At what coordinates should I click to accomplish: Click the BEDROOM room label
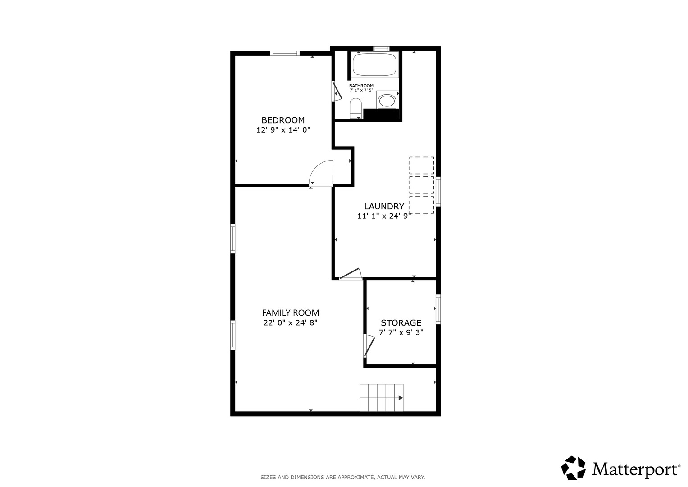tap(283, 120)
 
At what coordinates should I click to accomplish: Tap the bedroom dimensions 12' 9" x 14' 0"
tap(283, 130)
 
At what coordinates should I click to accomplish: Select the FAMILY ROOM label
tap(290, 312)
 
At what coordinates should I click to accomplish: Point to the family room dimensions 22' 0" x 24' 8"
tap(290, 322)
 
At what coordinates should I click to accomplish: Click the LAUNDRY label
tap(384, 206)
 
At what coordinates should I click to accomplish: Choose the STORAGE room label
tap(401, 322)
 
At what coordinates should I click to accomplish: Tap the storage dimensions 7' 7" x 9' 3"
tap(401, 332)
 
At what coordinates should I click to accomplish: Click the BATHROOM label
tap(361, 86)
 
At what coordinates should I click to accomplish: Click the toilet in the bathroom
tap(355, 108)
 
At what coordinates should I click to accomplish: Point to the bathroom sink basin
tap(387, 101)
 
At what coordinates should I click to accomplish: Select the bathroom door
tap(337, 91)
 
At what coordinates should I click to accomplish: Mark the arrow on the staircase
tap(401, 398)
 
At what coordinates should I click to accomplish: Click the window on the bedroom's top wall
tap(285, 54)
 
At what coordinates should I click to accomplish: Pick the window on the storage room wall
tap(438, 309)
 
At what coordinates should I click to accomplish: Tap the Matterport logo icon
tap(573, 468)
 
